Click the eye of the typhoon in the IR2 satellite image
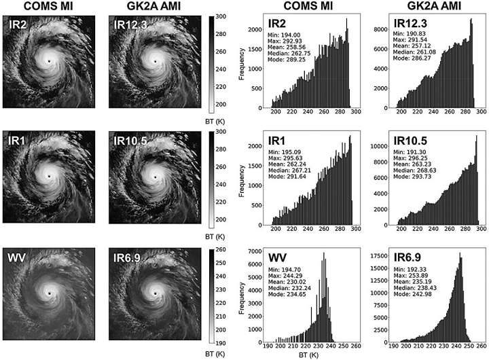[x=49, y=61]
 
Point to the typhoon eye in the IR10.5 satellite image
[x=154, y=177]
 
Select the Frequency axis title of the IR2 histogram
[x=243, y=69]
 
